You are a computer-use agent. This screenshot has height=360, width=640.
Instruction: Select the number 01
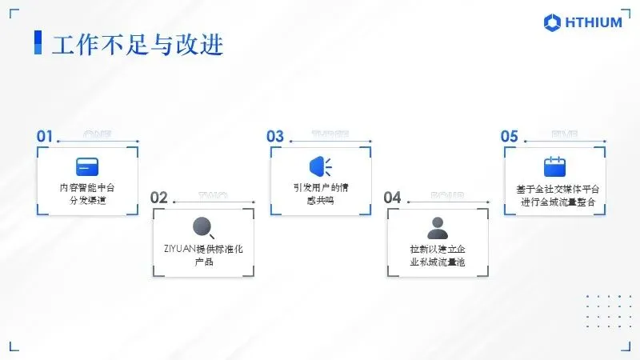click(45, 136)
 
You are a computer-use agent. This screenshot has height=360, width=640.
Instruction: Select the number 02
click(159, 198)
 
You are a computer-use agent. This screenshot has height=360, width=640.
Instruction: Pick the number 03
click(275, 136)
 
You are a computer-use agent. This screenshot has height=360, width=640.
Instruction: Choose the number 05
click(510, 136)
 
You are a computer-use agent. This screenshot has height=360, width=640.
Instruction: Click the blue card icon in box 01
click(87, 166)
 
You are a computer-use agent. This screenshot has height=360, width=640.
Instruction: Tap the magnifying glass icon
click(204, 228)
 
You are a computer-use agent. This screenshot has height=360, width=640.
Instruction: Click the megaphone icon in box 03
click(320, 166)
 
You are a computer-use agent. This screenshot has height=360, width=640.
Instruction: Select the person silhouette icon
click(438, 228)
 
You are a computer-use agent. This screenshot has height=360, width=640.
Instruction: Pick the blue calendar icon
click(554, 166)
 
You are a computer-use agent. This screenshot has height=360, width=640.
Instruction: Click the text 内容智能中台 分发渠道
click(87, 194)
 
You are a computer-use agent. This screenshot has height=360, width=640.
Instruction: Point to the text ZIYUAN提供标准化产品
click(203, 256)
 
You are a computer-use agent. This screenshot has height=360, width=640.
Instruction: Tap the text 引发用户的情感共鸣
click(320, 194)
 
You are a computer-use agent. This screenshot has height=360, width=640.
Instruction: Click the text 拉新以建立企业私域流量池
click(437, 256)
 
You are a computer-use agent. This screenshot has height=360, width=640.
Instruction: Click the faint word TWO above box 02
click(213, 194)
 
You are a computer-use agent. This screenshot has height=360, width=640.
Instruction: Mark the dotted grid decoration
click(607, 310)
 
